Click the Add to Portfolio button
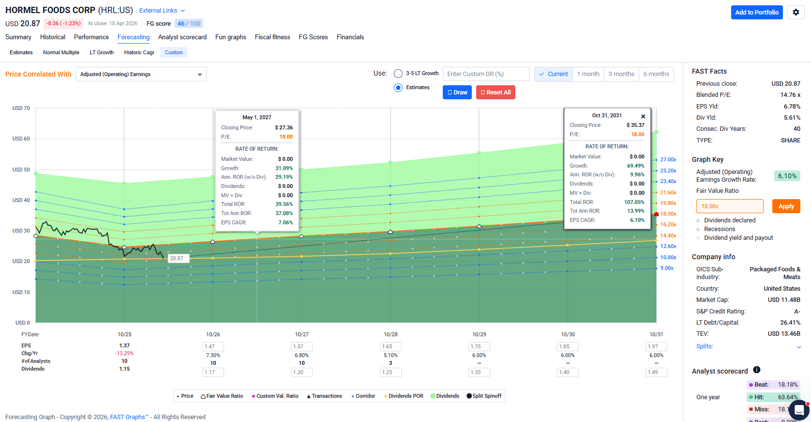[756, 12]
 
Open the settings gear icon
[796, 12]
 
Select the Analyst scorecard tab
[182, 37]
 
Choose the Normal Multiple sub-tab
[61, 52]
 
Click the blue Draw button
[457, 93]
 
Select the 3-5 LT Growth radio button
[398, 74]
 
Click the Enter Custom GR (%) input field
[486, 74]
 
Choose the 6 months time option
[656, 74]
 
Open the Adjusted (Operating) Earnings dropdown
[141, 74]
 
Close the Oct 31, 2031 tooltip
[643, 116]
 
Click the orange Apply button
[786, 206]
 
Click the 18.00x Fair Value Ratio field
[730, 206]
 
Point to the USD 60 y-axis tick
[21, 139]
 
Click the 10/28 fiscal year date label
[390, 334]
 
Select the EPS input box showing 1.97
[656, 346]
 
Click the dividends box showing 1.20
[301, 372]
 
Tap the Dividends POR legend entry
[404, 396]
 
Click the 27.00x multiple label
[668, 159]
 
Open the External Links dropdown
[162, 11]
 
